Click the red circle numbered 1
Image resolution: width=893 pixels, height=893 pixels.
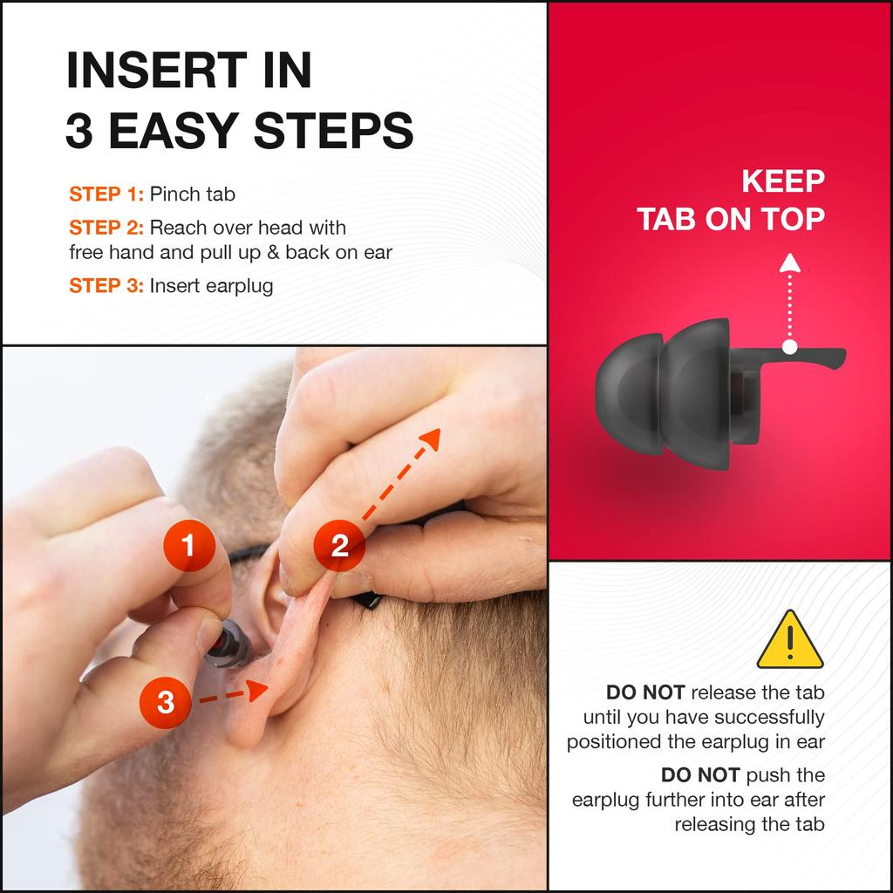[189, 545]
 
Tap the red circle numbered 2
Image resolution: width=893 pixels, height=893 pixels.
[339, 545]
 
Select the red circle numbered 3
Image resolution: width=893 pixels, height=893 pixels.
[165, 702]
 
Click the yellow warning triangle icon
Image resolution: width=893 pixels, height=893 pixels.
[790, 639]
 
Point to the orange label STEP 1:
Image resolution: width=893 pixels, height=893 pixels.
[106, 194]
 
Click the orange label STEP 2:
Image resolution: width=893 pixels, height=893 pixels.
[106, 228]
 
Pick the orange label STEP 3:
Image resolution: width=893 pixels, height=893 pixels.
[106, 285]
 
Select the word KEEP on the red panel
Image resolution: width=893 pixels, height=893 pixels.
[783, 181]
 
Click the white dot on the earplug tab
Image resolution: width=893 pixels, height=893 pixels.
[789, 346]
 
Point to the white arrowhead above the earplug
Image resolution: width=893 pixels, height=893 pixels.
[790, 262]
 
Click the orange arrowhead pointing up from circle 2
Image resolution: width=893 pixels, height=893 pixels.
[431, 440]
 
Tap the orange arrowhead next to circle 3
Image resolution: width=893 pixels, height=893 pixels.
[257, 691]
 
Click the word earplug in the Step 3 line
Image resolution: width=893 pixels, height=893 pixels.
[240, 286]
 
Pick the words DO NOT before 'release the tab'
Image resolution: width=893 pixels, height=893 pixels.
[645, 692]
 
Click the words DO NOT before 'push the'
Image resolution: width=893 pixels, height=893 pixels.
[700, 775]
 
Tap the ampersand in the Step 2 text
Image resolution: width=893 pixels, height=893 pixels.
[273, 252]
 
